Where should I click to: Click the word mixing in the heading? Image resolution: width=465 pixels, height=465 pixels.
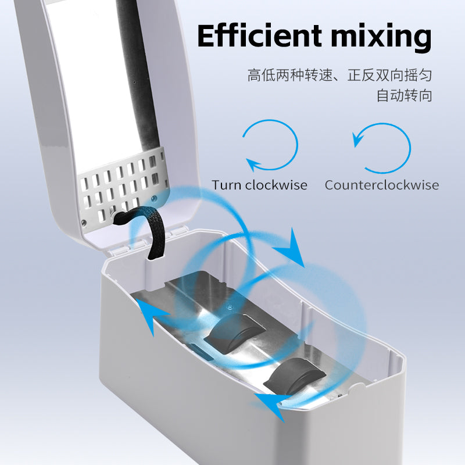click(x=381, y=38)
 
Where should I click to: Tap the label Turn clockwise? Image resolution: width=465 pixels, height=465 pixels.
click(x=259, y=185)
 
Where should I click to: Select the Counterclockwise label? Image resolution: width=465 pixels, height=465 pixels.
click(x=382, y=185)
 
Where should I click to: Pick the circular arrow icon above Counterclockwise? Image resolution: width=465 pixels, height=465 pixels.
click(x=410, y=148)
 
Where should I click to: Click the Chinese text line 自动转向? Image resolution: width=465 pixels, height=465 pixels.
click(x=404, y=95)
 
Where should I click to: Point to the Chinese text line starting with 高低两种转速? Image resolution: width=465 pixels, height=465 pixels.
click(x=339, y=75)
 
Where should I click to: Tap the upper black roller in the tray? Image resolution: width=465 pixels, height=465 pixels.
click(x=234, y=332)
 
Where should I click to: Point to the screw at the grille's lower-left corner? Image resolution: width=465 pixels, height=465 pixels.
click(x=84, y=222)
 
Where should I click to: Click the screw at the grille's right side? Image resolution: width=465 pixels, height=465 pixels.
click(x=153, y=198)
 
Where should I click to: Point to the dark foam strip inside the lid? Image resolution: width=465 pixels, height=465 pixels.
click(x=138, y=74)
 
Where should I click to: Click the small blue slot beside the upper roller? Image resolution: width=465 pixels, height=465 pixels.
click(x=202, y=352)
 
